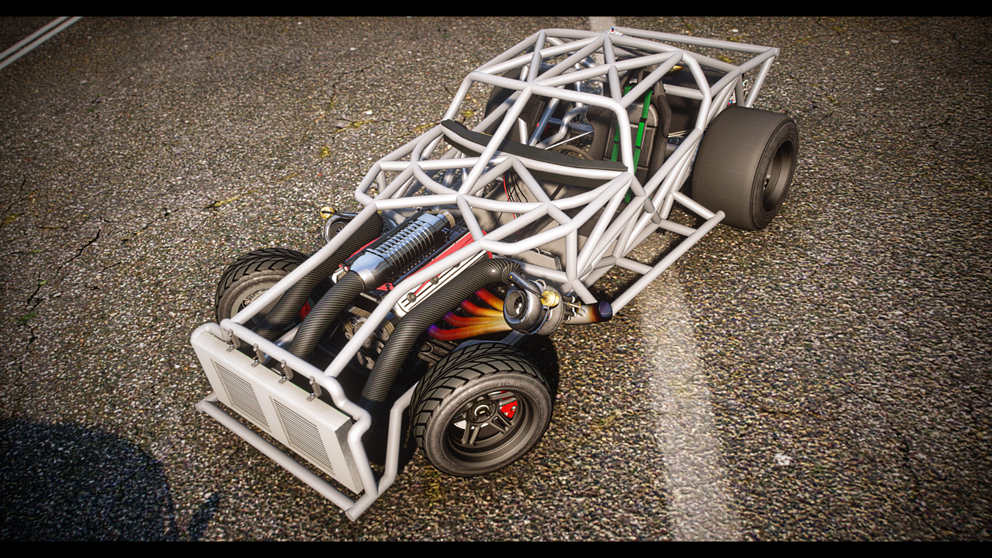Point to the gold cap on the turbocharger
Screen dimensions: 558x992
pyautogui.click(x=550, y=298)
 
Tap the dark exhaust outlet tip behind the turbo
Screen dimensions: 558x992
pyautogui.click(x=603, y=311)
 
